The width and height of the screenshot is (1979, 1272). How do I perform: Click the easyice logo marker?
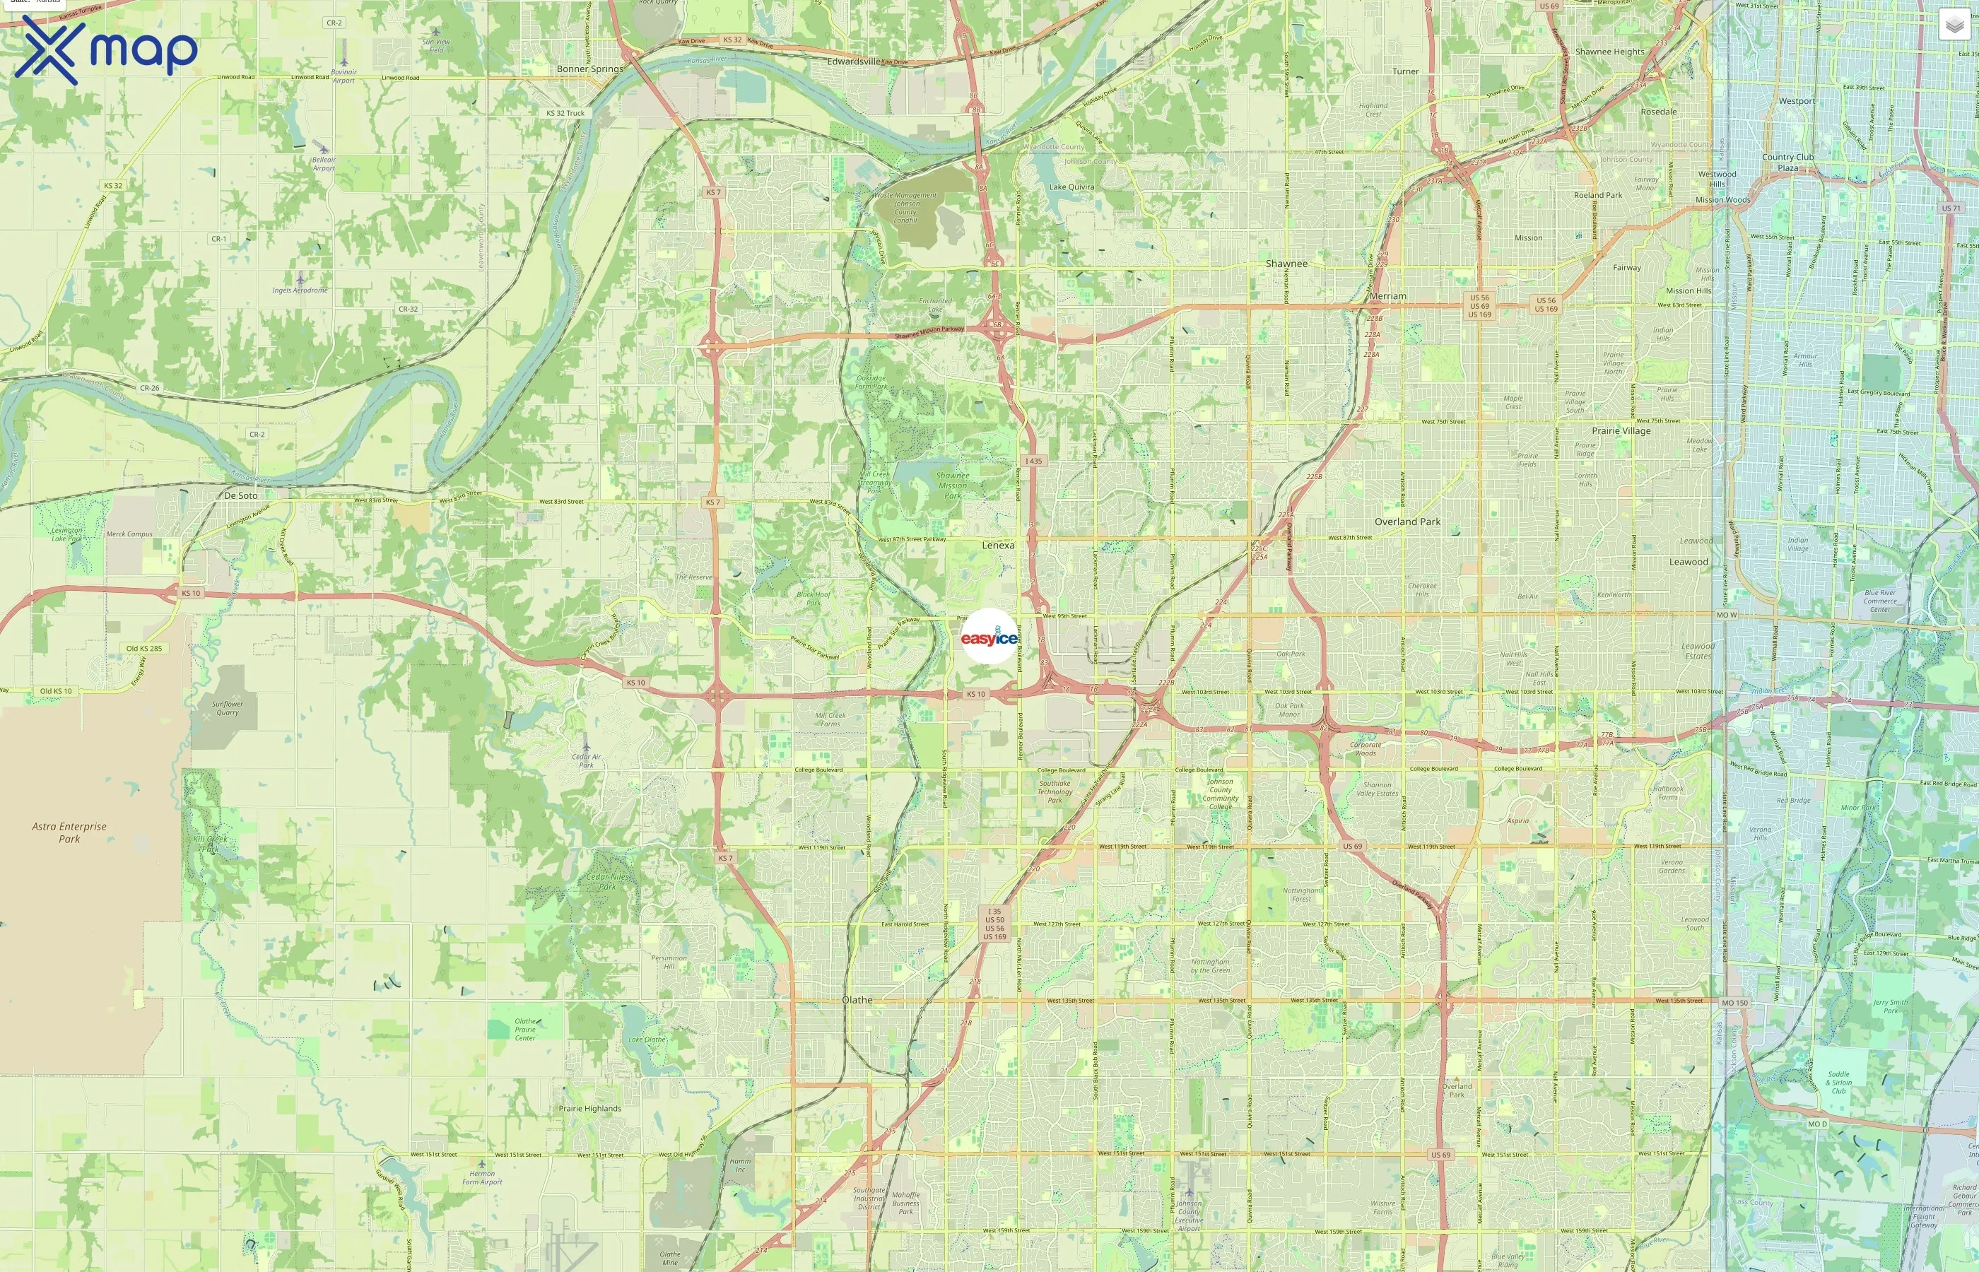coord(989,637)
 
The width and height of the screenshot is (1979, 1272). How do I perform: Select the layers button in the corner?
coord(1954,25)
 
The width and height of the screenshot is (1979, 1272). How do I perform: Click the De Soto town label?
coord(240,495)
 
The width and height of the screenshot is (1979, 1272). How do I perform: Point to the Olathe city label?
coord(857,999)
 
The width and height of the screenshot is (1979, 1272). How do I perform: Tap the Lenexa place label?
coord(998,545)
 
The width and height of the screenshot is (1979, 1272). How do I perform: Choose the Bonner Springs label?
coord(589,69)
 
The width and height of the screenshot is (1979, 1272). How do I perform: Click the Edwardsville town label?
coord(853,61)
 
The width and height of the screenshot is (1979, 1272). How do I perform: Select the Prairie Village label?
coord(1621,430)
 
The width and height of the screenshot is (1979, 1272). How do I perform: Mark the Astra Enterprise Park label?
coord(69,832)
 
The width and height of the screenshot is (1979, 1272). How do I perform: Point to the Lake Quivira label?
coord(1071,187)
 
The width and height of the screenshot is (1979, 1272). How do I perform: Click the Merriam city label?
coord(1387,295)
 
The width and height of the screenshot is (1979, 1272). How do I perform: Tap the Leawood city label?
coord(1689,562)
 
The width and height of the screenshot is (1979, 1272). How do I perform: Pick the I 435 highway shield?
coord(1033,461)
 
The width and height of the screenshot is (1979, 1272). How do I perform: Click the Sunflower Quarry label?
coord(227,708)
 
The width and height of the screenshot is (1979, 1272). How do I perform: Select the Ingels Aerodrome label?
coord(300,290)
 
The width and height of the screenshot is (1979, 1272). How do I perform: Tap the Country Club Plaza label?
coord(1787,162)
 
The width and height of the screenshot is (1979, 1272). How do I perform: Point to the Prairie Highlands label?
coord(589,1109)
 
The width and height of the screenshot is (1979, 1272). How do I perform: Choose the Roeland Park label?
coord(1597,195)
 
